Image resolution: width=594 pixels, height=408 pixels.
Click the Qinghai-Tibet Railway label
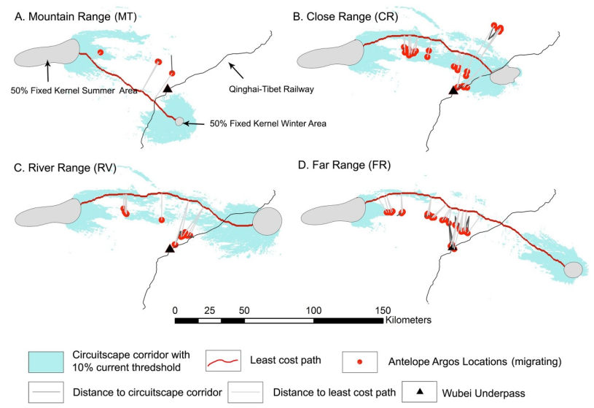[x=267, y=89]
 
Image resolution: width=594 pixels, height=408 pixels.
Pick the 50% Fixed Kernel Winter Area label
[x=267, y=124]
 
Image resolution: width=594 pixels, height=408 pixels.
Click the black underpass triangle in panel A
[x=167, y=88]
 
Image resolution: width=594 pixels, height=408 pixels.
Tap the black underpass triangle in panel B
[x=453, y=89]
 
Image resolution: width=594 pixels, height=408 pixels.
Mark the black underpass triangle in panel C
[x=169, y=248]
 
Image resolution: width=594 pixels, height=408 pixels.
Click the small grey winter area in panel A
[x=179, y=122]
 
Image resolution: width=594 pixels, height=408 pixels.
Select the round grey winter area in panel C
[x=267, y=220]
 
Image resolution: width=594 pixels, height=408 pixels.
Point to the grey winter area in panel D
[x=574, y=269]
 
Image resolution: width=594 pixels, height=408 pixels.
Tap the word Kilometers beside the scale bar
[x=409, y=320]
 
